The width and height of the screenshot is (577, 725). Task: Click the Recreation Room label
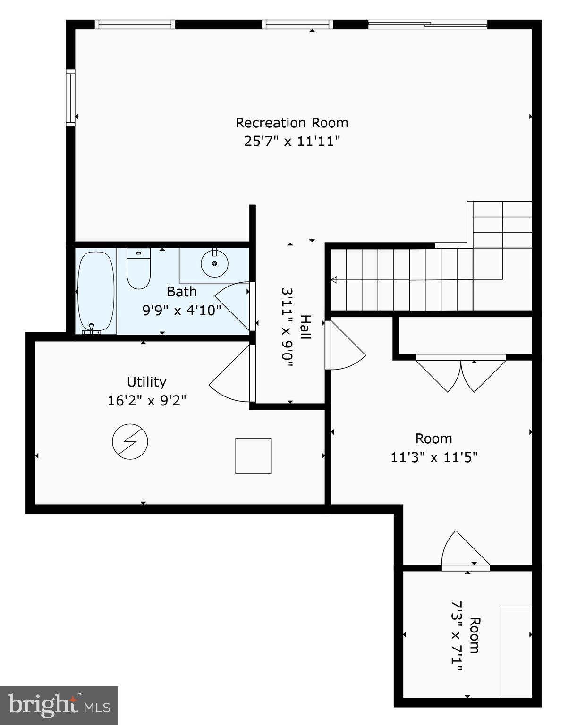coord(292,123)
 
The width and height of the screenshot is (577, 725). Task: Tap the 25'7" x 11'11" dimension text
coord(292,141)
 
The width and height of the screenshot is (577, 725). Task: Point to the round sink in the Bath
coord(214,263)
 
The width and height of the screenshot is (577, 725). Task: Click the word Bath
coord(182,292)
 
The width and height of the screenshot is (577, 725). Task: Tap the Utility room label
coord(146,382)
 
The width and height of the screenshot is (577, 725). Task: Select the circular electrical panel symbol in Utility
coord(130,442)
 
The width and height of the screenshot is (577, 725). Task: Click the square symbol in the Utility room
coord(253,456)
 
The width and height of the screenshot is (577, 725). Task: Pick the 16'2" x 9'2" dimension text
coord(146,401)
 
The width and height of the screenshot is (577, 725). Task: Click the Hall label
coord(306,327)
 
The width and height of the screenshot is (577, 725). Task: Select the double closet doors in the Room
coord(460,373)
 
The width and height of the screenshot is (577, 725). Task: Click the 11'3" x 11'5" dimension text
coord(434,457)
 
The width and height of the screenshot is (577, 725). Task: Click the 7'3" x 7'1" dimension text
coord(457,635)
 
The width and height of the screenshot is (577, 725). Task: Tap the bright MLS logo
coord(59,705)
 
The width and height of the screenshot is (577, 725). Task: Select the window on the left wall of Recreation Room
coord(70,98)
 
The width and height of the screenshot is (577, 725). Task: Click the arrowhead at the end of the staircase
coord(334,280)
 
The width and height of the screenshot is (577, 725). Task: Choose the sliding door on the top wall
coord(427,24)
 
